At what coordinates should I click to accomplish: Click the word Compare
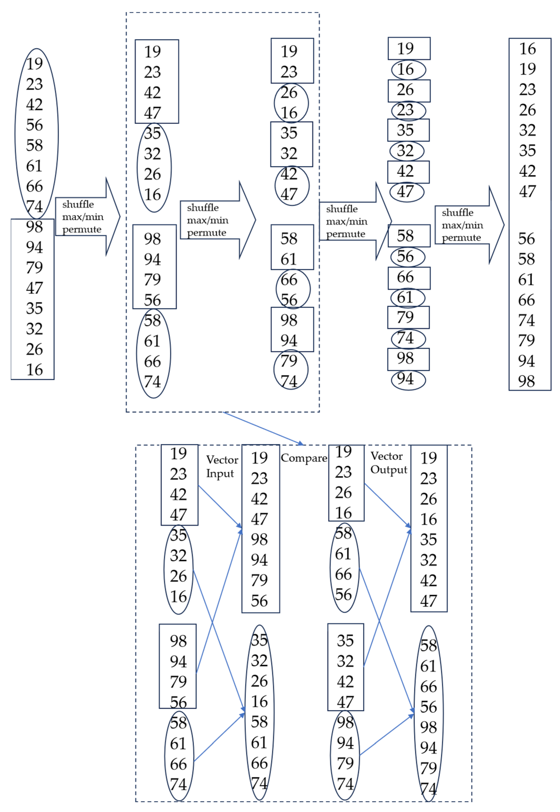pyautogui.click(x=304, y=458)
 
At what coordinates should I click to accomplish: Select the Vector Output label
pyautogui.click(x=388, y=463)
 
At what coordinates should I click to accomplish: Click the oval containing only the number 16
pyautogui.click(x=409, y=70)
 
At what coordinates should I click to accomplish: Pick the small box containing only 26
pyautogui.click(x=409, y=90)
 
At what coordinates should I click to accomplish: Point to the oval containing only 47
pyautogui.click(x=407, y=192)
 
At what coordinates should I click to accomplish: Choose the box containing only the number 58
pyautogui.click(x=409, y=236)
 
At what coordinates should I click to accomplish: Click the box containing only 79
pyautogui.click(x=408, y=318)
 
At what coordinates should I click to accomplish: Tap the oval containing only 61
pyautogui.click(x=408, y=297)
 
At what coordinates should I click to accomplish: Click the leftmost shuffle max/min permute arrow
pyautogui.click(x=88, y=217)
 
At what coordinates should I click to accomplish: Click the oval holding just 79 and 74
pyautogui.click(x=291, y=370)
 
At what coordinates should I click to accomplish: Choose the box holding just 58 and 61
pyautogui.click(x=292, y=247)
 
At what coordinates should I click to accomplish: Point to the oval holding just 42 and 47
pyautogui.click(x=292, y=185)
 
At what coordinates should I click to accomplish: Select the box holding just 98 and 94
pyautogui.click(x=292, y=330)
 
